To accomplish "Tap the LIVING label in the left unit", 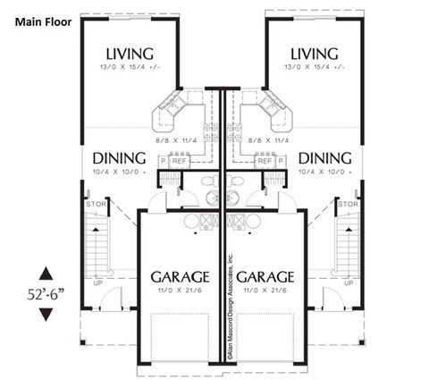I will click(130, 53).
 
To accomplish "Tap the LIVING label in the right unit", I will click(313, 53).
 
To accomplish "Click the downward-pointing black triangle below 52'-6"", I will click(46, 315).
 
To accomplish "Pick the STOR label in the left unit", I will click(97, 205).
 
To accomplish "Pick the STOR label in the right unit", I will click(347, 205).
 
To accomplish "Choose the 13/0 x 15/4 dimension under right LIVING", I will click(313, 68).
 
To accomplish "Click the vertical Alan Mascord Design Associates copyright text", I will click(231, 304).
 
